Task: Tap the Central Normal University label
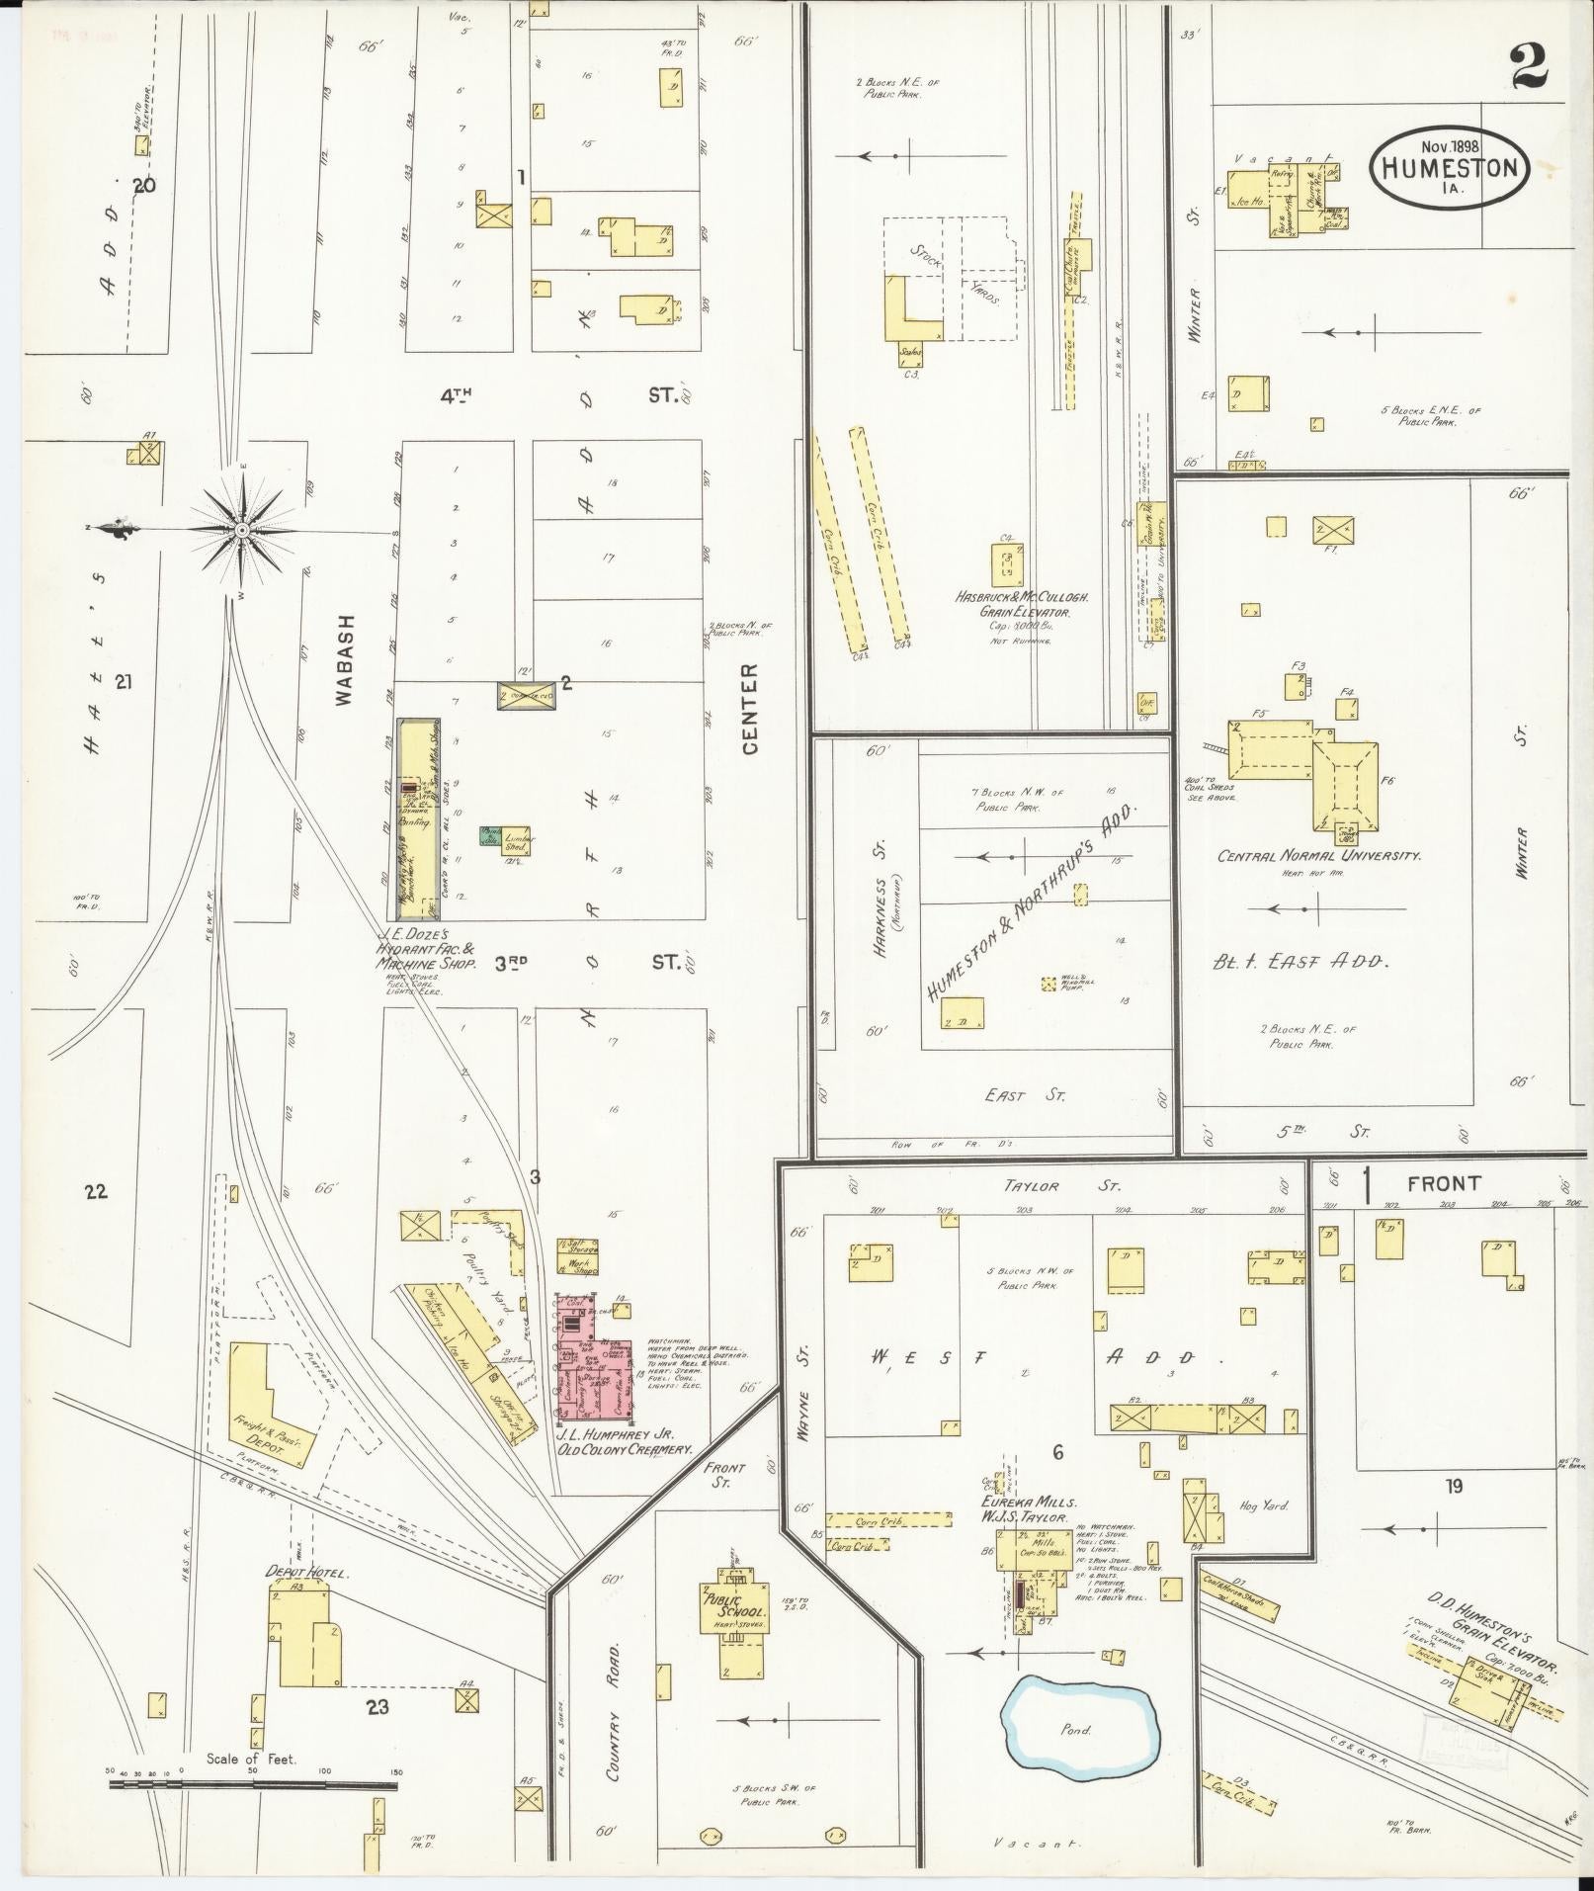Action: [x=1319, y=856]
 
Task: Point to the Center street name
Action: [x=750, y=709]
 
